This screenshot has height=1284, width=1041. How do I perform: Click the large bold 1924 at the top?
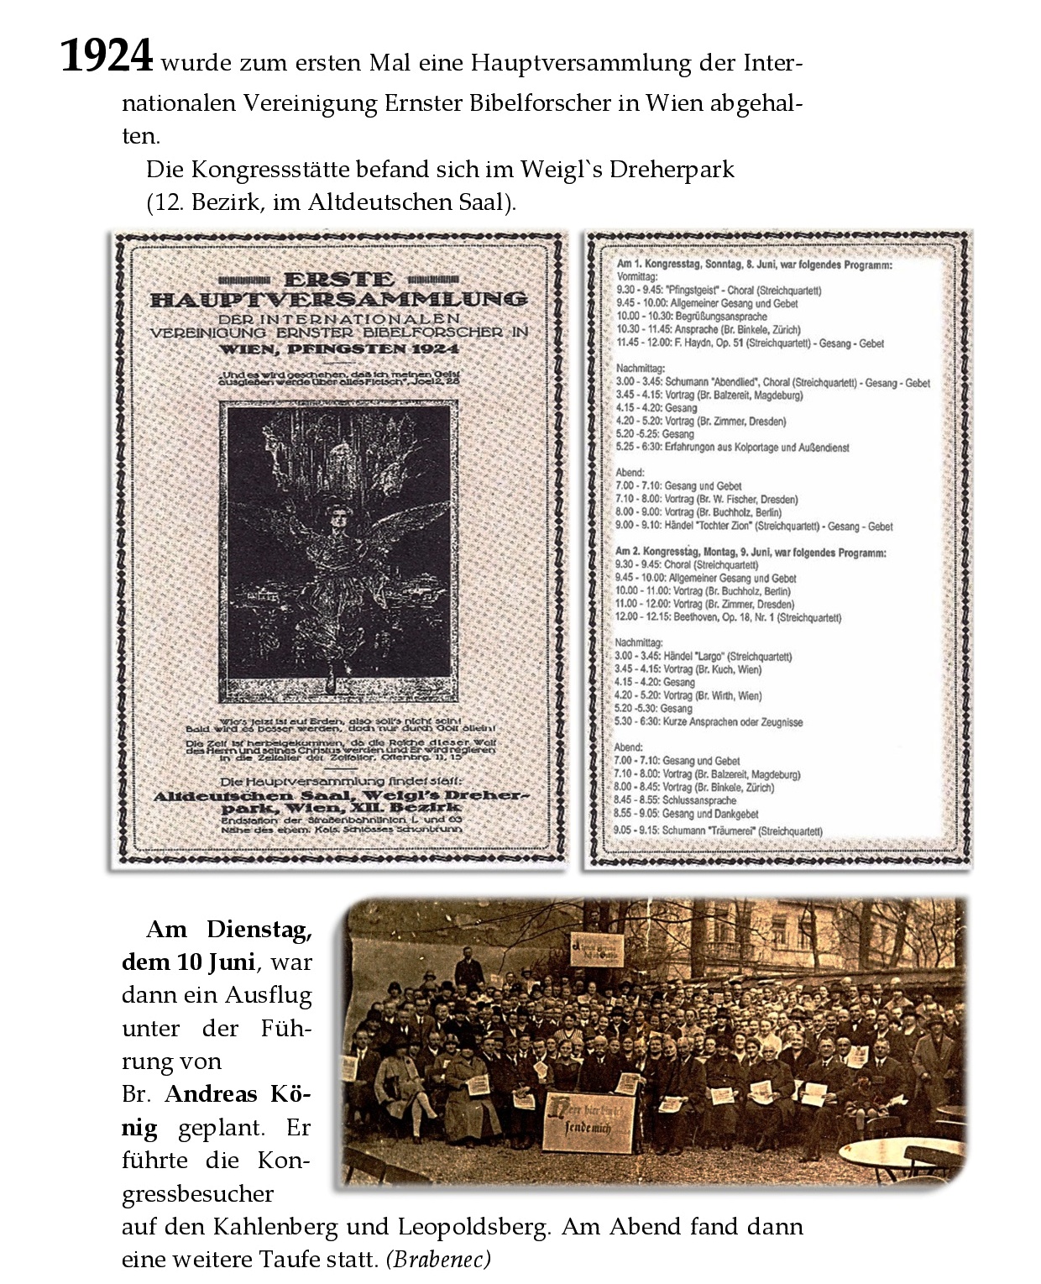(107, 56)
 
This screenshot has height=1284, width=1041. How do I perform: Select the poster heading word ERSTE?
(338, 280)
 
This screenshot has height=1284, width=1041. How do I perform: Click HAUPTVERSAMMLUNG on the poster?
(338, 299)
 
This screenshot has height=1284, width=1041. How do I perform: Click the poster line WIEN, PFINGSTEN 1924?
(338, 349)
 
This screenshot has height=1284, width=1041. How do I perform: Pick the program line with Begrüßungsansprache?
(692, 317)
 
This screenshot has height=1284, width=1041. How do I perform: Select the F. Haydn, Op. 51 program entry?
(750, 343)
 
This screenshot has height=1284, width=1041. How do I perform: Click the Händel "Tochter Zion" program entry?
(754, 526)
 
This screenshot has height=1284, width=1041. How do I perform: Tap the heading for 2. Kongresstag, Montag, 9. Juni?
(751, 553)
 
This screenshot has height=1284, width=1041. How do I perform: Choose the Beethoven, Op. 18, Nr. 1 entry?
(728, 617)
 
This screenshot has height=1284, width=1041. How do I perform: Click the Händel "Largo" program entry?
(703, 656)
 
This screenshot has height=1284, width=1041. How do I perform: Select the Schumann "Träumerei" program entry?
(719, 831)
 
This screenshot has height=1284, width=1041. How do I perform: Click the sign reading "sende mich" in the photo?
(589, 1121)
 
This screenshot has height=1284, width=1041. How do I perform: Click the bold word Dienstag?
(259, 930)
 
